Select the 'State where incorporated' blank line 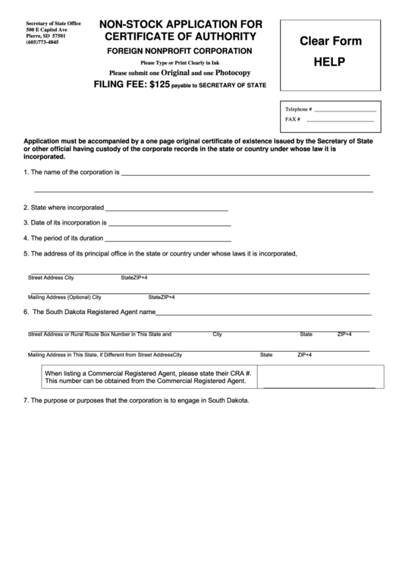click(166, 209)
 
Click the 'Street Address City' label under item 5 click(51, 278)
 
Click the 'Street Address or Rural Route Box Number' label click(99, 334)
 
